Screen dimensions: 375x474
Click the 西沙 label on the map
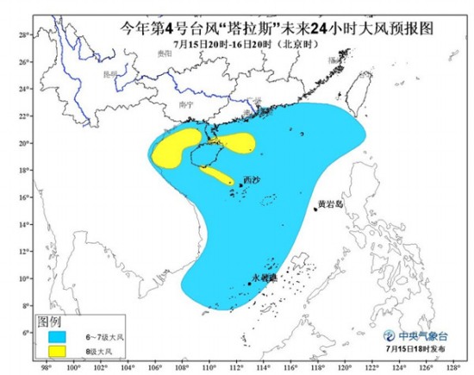point(251,179)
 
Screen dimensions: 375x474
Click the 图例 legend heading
point(48,321)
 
